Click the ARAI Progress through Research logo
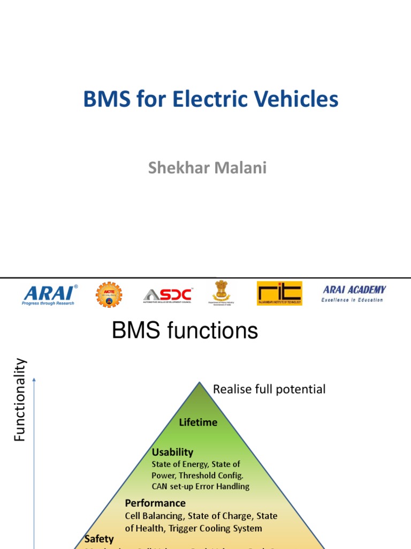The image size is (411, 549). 50,294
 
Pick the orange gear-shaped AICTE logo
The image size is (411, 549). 109,294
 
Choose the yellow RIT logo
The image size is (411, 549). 279,293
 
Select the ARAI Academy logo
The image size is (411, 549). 353,293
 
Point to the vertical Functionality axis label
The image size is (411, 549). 20,400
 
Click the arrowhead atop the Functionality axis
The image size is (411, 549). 34,380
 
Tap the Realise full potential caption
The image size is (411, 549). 269,389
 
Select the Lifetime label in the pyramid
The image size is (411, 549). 198,422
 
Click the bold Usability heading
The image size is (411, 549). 172,452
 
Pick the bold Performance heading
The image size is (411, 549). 155,503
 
